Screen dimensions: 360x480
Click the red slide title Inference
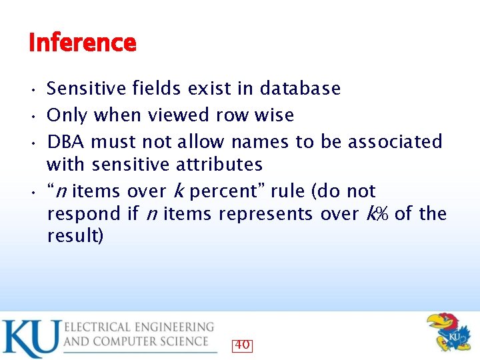tap(83, 43)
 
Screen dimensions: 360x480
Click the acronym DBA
tap(66, 142)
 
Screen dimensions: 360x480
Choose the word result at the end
tap(73, 237)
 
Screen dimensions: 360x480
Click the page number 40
tap(242, 345)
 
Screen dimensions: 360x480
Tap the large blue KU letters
tap(30, 339)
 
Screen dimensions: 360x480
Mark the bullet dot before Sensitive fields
tap(33, 89)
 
